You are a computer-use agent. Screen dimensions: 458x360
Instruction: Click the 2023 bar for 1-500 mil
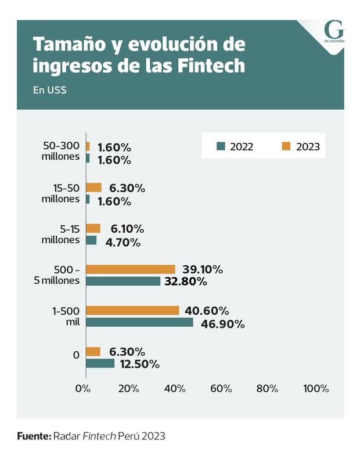[132, 311]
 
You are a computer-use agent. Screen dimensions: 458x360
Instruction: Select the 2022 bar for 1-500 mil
[139, 322]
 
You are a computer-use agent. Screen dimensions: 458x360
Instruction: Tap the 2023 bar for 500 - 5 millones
[131, 269]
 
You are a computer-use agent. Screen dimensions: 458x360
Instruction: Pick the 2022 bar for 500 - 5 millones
[123, 281]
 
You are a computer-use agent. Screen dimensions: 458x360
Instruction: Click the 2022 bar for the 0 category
[100, 363]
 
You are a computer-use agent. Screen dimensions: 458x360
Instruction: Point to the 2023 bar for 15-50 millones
[94, 187]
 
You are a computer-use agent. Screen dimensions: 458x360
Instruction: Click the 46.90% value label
[222, 323]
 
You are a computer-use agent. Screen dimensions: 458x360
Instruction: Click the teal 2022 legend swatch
[221, 146]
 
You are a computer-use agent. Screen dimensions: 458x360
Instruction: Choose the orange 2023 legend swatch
[286, 146]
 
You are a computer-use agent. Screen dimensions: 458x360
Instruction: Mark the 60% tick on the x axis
[222, 388]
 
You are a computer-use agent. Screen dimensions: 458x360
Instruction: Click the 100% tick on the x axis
[316, 388]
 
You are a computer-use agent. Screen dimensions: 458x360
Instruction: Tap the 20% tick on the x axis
[128, 388]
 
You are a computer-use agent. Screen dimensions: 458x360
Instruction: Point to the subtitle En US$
[49, 91]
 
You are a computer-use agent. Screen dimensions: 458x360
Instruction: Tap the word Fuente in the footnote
[34, 435]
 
